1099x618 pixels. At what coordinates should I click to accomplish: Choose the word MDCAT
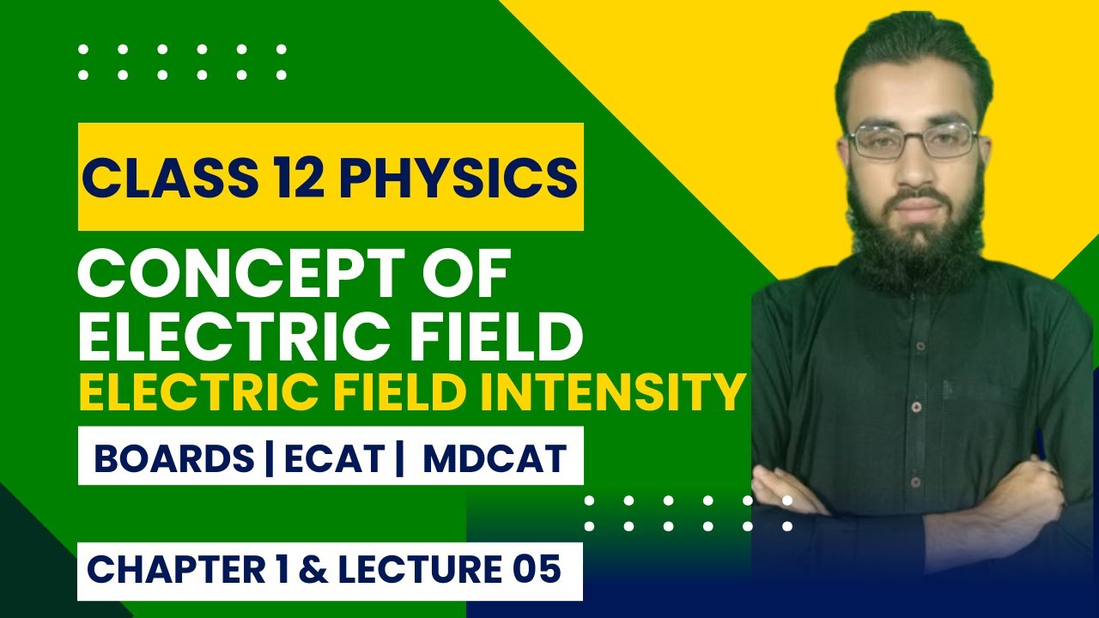coord(495,459)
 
